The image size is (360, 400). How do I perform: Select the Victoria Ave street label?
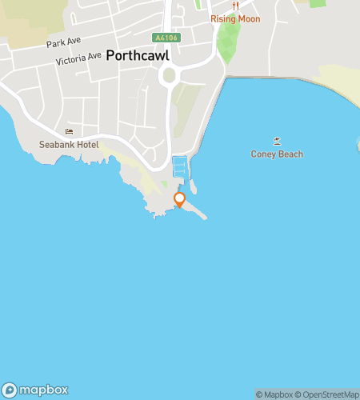click(x=79, y=58)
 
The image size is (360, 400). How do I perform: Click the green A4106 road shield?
click(x=165, y=38)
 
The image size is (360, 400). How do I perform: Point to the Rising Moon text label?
click(x=236, y=18)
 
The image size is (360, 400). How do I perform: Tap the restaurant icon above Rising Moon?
click(x=236, y=6)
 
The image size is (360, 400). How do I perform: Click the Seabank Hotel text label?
click(x=69, y=145)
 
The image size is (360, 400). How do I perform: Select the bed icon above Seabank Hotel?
click(x=69, y=132)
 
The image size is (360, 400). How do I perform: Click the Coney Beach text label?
click(x=277, y=154)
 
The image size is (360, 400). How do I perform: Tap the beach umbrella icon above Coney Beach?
click(x=277, y=141)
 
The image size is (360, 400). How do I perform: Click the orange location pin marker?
click(x=179, y=199)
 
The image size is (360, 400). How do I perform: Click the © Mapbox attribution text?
click(x=274, y=394)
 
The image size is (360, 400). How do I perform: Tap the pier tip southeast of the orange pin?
click(x=205, y=217)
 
